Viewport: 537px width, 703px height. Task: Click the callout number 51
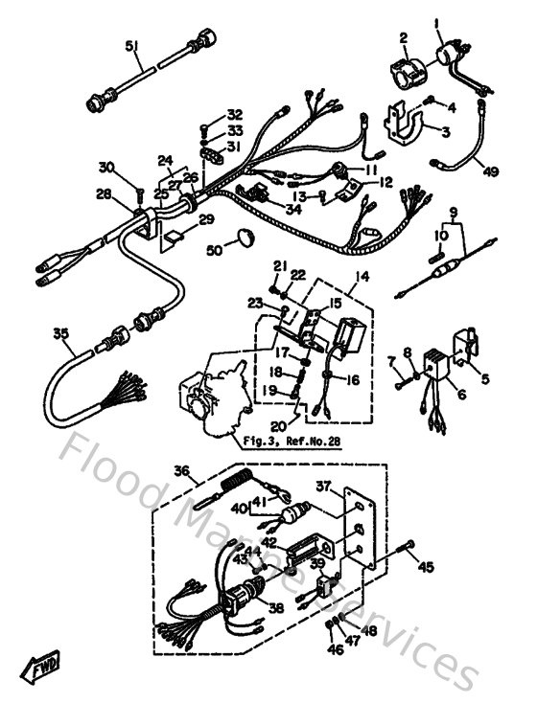point(131,46)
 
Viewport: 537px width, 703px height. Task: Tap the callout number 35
point(60,334)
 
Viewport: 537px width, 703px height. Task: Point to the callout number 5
point(484,378)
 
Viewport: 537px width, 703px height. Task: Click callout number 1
point(409,22)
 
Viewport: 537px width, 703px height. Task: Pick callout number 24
point(165,160)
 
